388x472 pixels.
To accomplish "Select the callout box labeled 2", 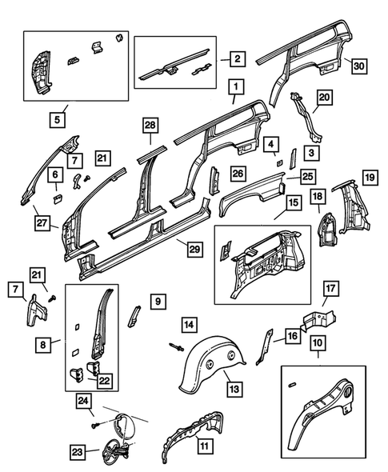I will point(237,58).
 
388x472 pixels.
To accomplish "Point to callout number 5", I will point(56,121).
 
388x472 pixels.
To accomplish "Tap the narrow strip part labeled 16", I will point(265,344).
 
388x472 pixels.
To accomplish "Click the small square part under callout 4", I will point(278,161).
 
